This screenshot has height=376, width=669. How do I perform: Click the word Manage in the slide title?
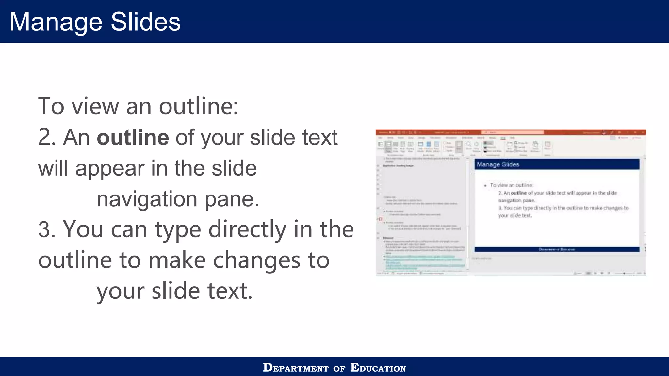point(56,22)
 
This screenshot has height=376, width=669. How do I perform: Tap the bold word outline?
point(133,137)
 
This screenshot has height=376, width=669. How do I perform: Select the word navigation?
point(147,199)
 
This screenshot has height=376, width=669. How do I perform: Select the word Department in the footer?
point(296,368)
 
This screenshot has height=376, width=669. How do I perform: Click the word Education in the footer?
point(378,368)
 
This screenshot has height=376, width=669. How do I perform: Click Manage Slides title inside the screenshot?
point(498,164)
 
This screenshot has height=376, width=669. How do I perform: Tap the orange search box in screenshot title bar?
point(512,132)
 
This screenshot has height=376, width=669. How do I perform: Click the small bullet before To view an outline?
point(485,185)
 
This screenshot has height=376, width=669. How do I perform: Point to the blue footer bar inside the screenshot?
point(557,249)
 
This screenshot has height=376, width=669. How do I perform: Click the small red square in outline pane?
point(381,219)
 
